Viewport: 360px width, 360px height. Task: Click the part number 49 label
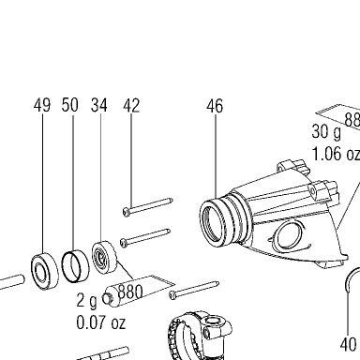click(x=42, y=105)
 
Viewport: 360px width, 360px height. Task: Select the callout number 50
click(x=69, y=105)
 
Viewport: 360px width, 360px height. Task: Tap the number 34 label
click(x=99, y=105)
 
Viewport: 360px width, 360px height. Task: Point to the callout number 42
click(x=131, y=106)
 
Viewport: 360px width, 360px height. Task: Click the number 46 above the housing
click(x=215, y=106)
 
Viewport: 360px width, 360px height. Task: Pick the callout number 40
click(x=348, y=344)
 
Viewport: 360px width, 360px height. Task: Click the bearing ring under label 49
click(x=45, y=271)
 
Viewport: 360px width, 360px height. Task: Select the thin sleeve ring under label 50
click(x=75, y=266)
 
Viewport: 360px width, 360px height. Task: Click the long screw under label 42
click(x=148, y=206)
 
